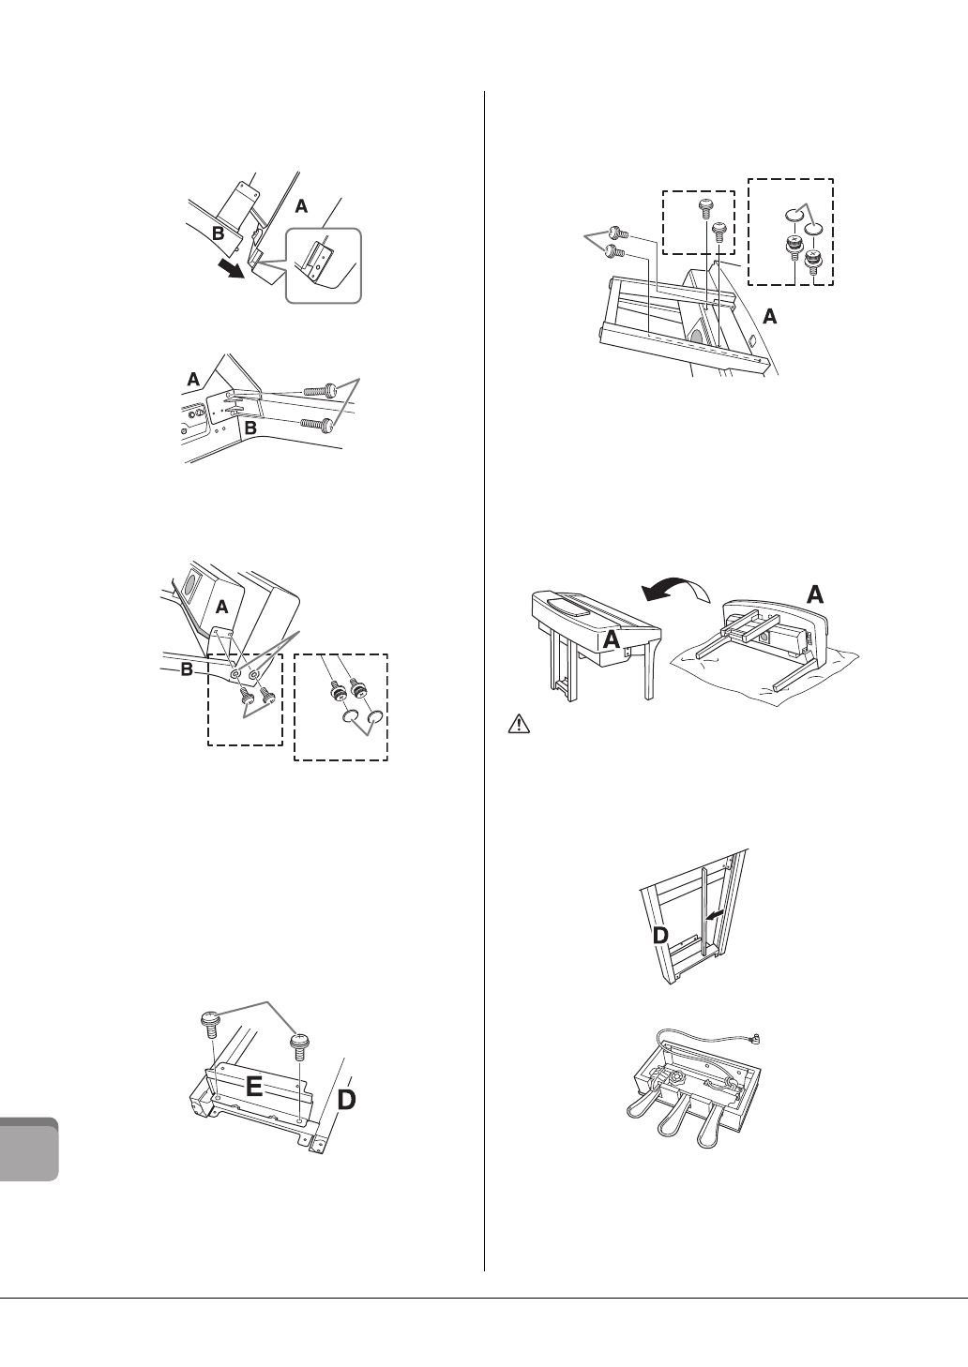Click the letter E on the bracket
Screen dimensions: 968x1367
coord(253,1088)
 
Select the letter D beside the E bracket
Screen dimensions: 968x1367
coord(346,1100)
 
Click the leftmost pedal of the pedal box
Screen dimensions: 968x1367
coord(644,1117)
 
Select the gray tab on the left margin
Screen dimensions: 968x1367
coord(30,1149)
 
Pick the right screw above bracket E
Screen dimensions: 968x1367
coord(300,1044)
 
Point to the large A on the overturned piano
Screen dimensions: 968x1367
coord(815,593)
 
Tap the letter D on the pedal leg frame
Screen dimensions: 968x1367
coord(659,937)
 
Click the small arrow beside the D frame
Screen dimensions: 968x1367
coord(715,910)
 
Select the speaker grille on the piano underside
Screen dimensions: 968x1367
coord(189,587)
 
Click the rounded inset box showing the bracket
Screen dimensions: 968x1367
coord(324,265)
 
